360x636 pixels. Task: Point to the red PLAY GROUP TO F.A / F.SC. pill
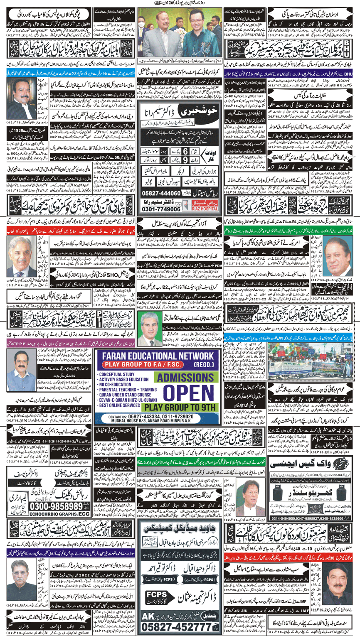tap(154, 364)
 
